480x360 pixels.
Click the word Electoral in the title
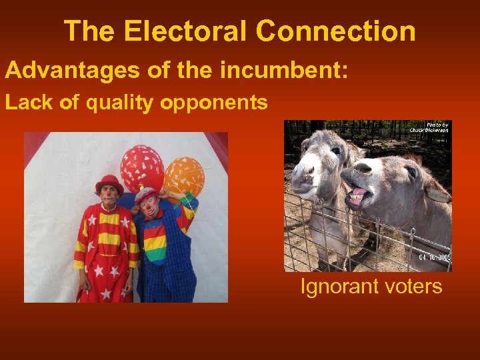tap(175, 31)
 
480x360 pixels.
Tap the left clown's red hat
tap(109, 183)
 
